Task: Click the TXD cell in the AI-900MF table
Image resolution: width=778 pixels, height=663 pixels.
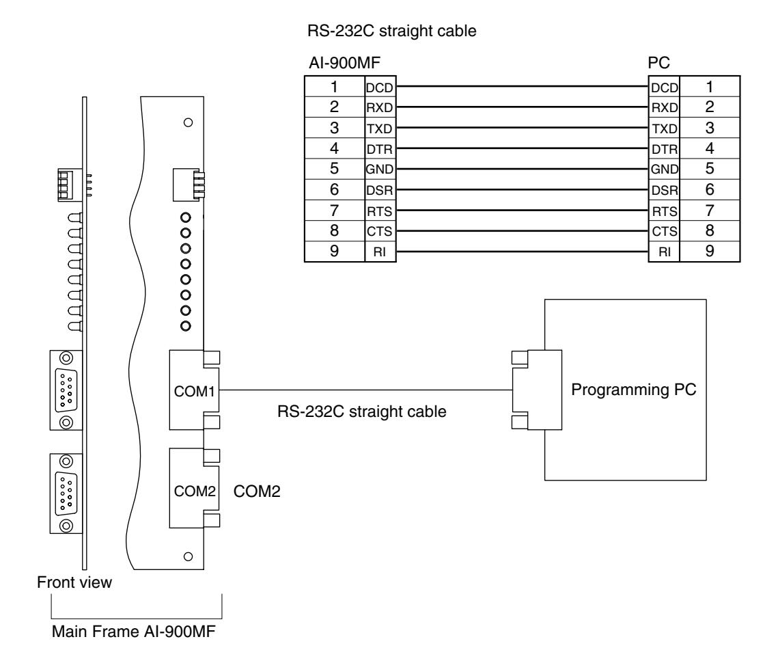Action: [380, 128]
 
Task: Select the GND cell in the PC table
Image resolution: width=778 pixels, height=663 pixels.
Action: [665, 170]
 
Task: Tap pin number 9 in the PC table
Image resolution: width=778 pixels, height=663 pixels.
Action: [710, 252]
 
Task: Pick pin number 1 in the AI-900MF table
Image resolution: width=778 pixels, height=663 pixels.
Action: [335, 87]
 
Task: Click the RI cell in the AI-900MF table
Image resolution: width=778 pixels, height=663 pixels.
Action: [380, 252]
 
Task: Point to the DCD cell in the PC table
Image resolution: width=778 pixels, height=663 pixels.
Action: [665, 87]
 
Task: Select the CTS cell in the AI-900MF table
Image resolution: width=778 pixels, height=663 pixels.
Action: [380, 232]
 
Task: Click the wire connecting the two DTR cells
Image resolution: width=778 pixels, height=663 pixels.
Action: [523, 148]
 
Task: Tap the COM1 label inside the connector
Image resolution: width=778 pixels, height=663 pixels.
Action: [194, 392]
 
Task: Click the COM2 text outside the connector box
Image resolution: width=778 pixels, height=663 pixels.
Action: [257, 491]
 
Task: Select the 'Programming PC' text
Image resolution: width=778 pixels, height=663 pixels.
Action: [634, 390]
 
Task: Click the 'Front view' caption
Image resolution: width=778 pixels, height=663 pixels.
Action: [74, 582]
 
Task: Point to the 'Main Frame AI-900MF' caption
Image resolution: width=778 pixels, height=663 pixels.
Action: [133, 631]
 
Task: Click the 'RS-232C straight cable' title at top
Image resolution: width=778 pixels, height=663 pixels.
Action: [392, 31]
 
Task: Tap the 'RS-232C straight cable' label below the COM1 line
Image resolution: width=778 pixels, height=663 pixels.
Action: [362, 411]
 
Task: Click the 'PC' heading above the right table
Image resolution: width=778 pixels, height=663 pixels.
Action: [659, 63]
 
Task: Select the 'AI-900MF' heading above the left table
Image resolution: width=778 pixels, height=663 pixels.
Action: [344, 63]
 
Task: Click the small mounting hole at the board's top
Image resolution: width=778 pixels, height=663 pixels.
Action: [188, 122]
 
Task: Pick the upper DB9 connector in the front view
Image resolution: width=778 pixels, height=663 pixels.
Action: [66, 390]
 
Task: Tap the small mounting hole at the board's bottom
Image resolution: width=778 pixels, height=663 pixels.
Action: [188, 557]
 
